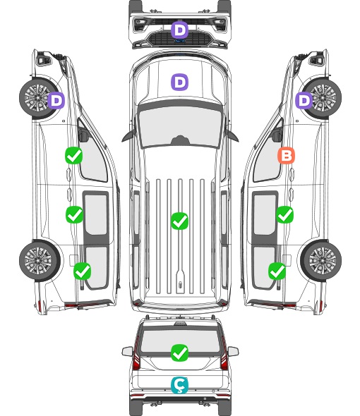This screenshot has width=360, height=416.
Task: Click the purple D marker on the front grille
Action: tap(179, 30)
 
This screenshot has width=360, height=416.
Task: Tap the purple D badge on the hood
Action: tap(179, 82)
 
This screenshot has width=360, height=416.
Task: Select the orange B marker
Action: tap(286, 155)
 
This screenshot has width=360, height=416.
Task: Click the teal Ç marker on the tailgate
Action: tap(179, 385)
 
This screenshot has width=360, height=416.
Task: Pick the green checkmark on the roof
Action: tap(179, 221)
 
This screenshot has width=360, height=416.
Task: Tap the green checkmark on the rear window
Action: tap(179, 353)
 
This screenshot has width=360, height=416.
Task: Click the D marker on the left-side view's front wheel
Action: tap(56, 100)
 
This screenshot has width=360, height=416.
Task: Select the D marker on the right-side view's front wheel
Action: tap(304, 100)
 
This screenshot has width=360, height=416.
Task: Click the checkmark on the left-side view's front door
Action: tap(74, 155)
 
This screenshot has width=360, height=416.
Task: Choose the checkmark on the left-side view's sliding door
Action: tap(74, 214)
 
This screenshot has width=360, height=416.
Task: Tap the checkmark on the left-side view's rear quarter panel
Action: tap(83, 271)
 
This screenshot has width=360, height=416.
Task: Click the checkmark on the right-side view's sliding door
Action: tap(284, 214)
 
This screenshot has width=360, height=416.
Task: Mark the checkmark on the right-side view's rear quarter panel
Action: tap(277, 271)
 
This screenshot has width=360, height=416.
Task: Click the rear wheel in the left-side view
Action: tap(40, 261)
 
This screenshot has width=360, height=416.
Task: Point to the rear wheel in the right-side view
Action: tap(321, 261)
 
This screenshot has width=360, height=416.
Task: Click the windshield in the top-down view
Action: tap(180, 127)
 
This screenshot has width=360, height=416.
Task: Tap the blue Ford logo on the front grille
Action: tap(180, 41)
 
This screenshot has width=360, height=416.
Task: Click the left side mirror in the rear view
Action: tap(127, 351)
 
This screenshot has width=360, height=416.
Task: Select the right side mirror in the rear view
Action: tap(233, 351)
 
